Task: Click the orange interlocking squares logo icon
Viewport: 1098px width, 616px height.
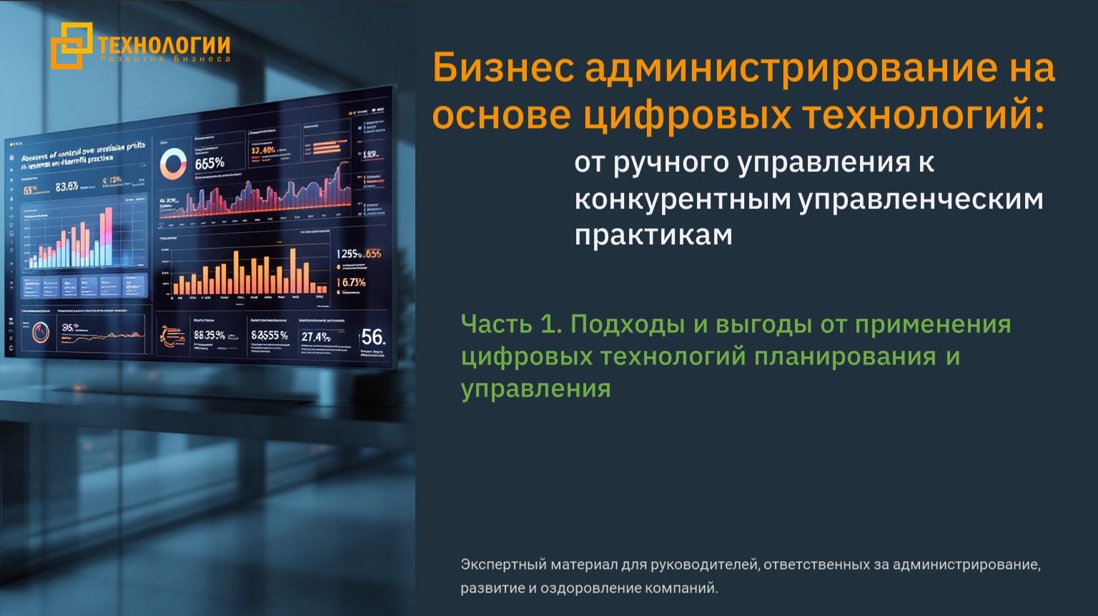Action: [71, 45]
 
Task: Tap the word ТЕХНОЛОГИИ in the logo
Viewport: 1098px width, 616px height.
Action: [164, 45]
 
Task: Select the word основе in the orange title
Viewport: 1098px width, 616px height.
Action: [501, 116]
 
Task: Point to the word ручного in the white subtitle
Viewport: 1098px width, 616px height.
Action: [672, 163]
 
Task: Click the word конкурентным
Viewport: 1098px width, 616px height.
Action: [682, 199]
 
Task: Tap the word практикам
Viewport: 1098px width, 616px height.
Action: [653, 235]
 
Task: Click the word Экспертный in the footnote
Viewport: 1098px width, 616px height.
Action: [503, 565]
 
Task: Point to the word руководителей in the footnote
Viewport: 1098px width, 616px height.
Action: [703, 565]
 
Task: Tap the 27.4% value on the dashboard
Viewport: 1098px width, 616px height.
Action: [315, 337]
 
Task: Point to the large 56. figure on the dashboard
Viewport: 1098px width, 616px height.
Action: [372, 337]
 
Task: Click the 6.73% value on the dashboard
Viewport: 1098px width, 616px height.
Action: [351, 283]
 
